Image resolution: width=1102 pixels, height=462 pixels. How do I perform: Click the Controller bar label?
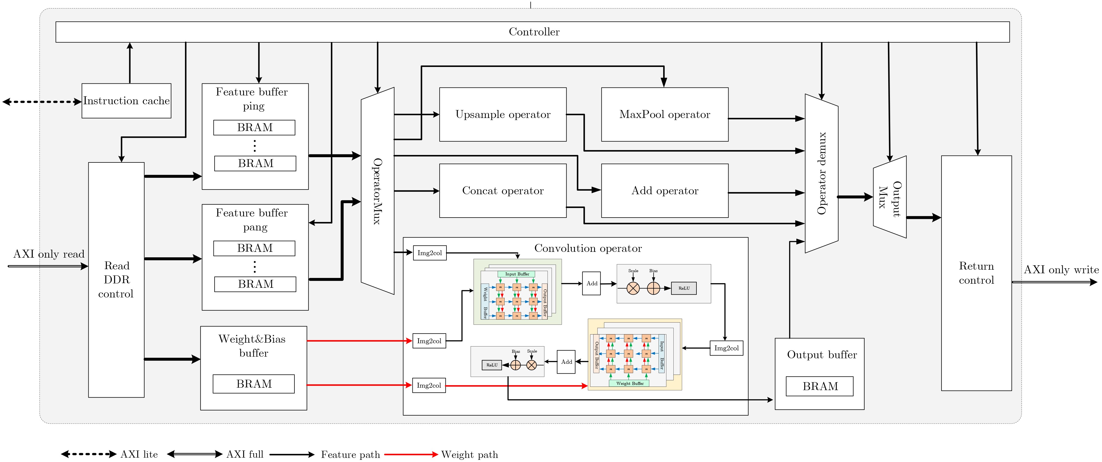(x=534, y=32)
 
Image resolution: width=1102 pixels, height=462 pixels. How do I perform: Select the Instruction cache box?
(x=126, y=101)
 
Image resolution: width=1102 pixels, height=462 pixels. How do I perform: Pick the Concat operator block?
(x=503, y=191)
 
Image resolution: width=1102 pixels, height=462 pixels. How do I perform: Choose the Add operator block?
(x=664, y=191)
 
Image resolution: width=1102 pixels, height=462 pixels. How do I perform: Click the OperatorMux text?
(x=377, y=191)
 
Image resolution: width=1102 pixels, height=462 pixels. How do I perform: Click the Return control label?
(x=976, y=273)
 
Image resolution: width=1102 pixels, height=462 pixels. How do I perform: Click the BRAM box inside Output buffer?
(x=820, y=386)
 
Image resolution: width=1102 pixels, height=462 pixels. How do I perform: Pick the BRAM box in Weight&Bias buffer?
(x=254, y=384)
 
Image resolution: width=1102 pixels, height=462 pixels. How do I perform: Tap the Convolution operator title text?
(x=588, y=249)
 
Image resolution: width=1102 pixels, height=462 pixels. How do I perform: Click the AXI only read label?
(x=49, y=254)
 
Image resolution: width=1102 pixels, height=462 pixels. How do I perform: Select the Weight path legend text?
(x=469, y=454)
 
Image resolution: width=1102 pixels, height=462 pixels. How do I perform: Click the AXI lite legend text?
(x=139, y=454)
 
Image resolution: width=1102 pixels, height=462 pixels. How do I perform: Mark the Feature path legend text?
(x=350, y=454)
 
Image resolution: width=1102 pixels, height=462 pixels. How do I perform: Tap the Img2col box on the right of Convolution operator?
(x=726, y=348)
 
